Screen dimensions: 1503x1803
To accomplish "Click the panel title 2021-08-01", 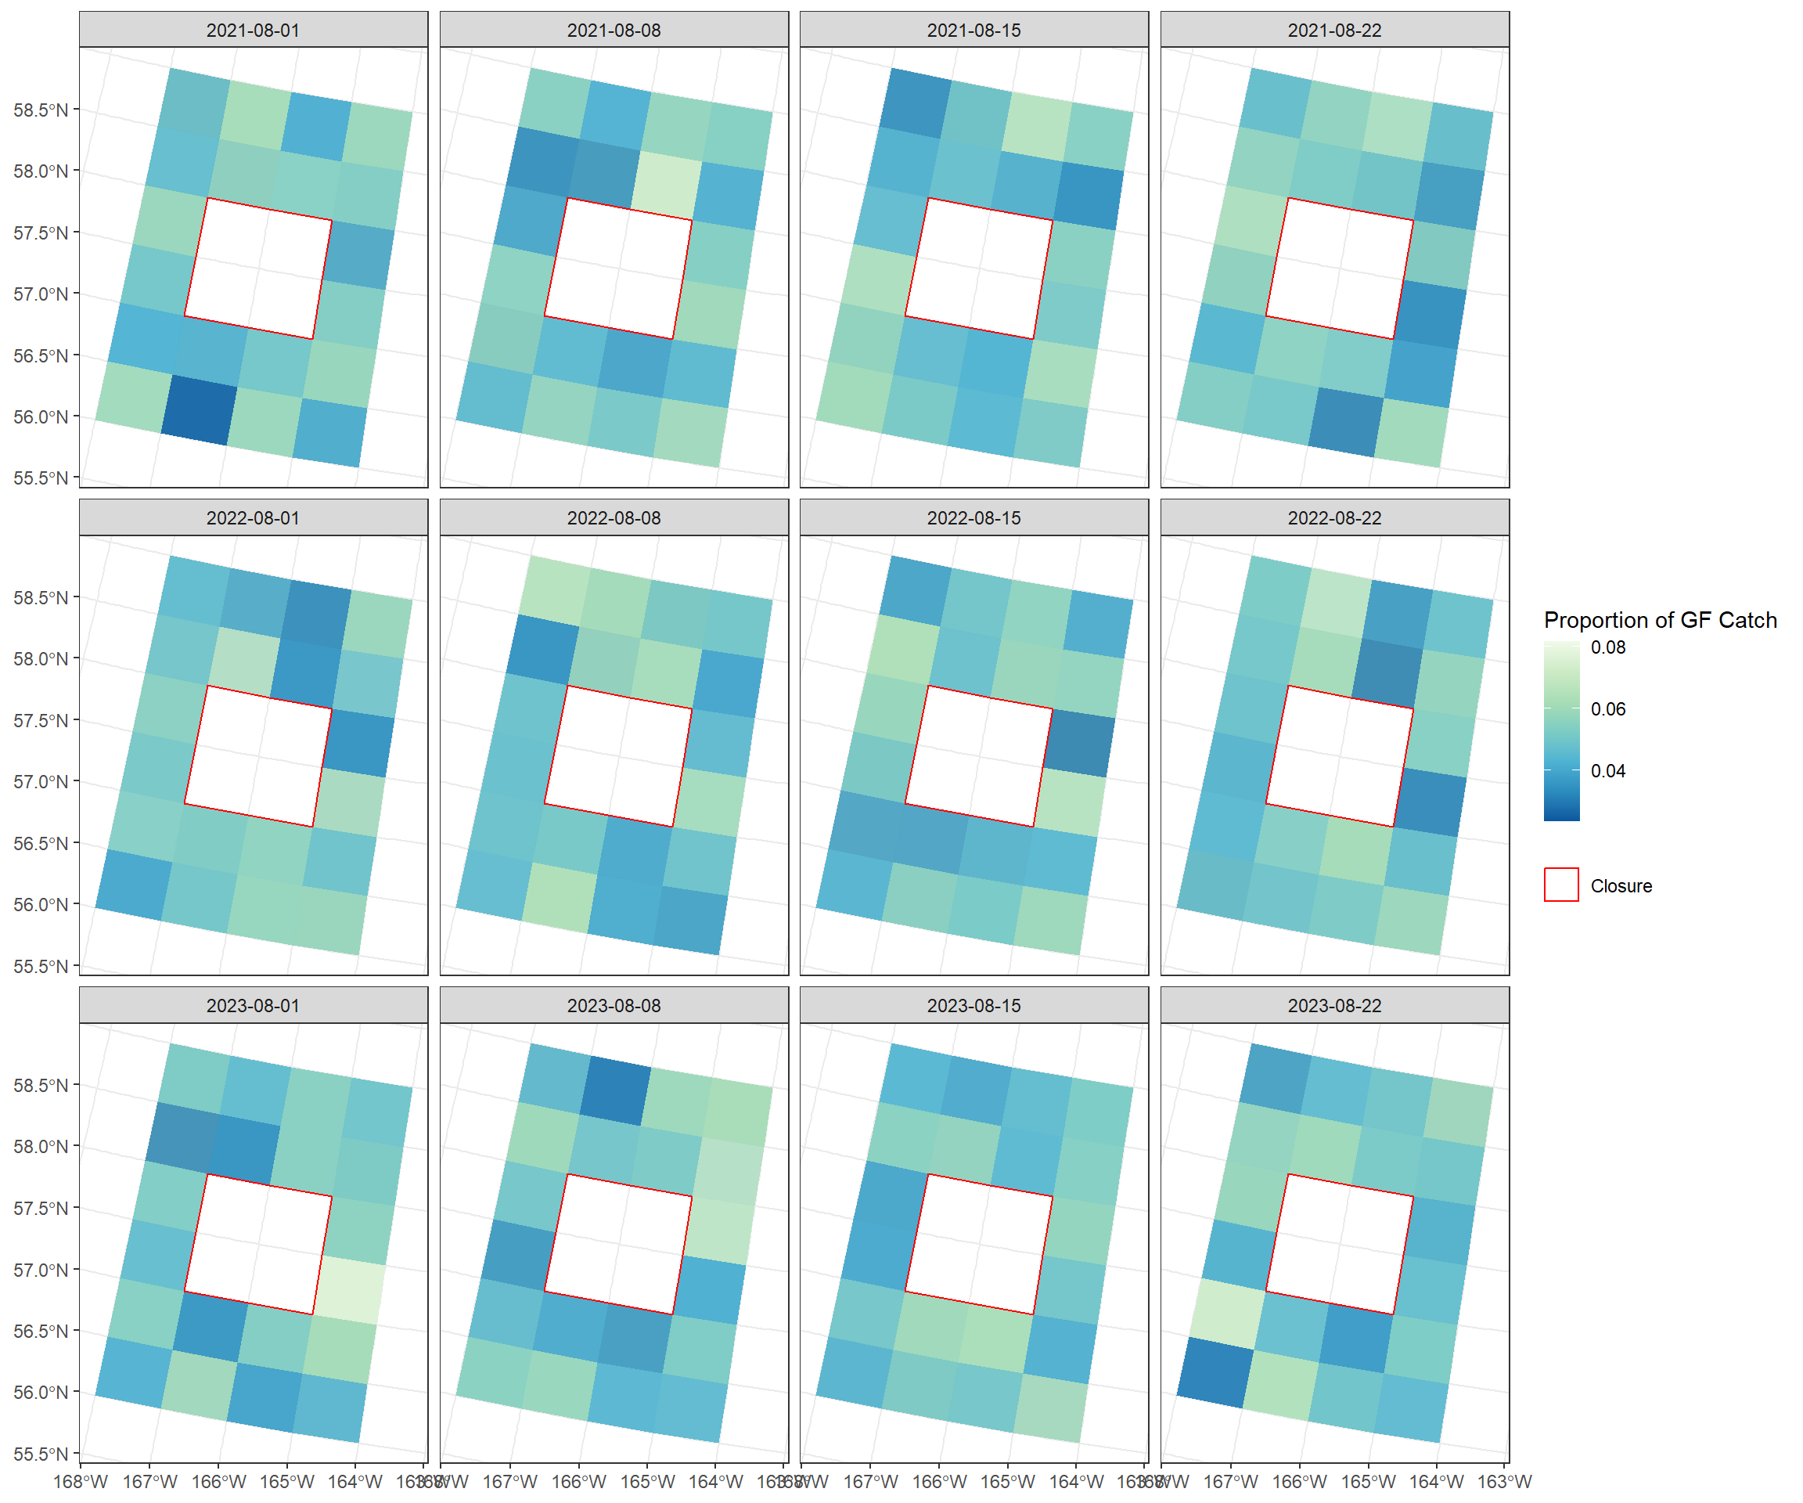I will (254, 30).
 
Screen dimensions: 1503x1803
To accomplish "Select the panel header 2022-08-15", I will (973, 518).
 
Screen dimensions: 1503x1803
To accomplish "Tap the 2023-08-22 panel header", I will (1334, 1005).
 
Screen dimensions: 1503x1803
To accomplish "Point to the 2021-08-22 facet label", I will (1334, 30).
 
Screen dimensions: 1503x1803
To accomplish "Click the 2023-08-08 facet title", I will (614, 1005).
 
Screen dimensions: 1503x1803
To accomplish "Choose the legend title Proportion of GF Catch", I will (1660, 620).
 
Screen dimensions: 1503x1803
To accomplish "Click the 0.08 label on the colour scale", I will (1607, 647).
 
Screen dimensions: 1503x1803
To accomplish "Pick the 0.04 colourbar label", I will (1607, 770).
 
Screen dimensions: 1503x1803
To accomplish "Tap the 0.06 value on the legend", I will (1607, 708).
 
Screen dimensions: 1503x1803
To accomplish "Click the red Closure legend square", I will (1561, 885).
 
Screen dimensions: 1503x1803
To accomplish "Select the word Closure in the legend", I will (1621, 885).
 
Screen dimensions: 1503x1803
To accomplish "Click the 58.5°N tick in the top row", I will (41, 110).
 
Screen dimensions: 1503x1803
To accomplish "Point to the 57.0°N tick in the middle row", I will (41, 781).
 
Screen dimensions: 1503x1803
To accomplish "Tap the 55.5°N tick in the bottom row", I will (41, 1454).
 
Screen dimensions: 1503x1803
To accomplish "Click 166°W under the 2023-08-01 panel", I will (218, 1482).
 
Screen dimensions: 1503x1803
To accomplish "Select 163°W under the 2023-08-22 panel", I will (1504, 1482).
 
